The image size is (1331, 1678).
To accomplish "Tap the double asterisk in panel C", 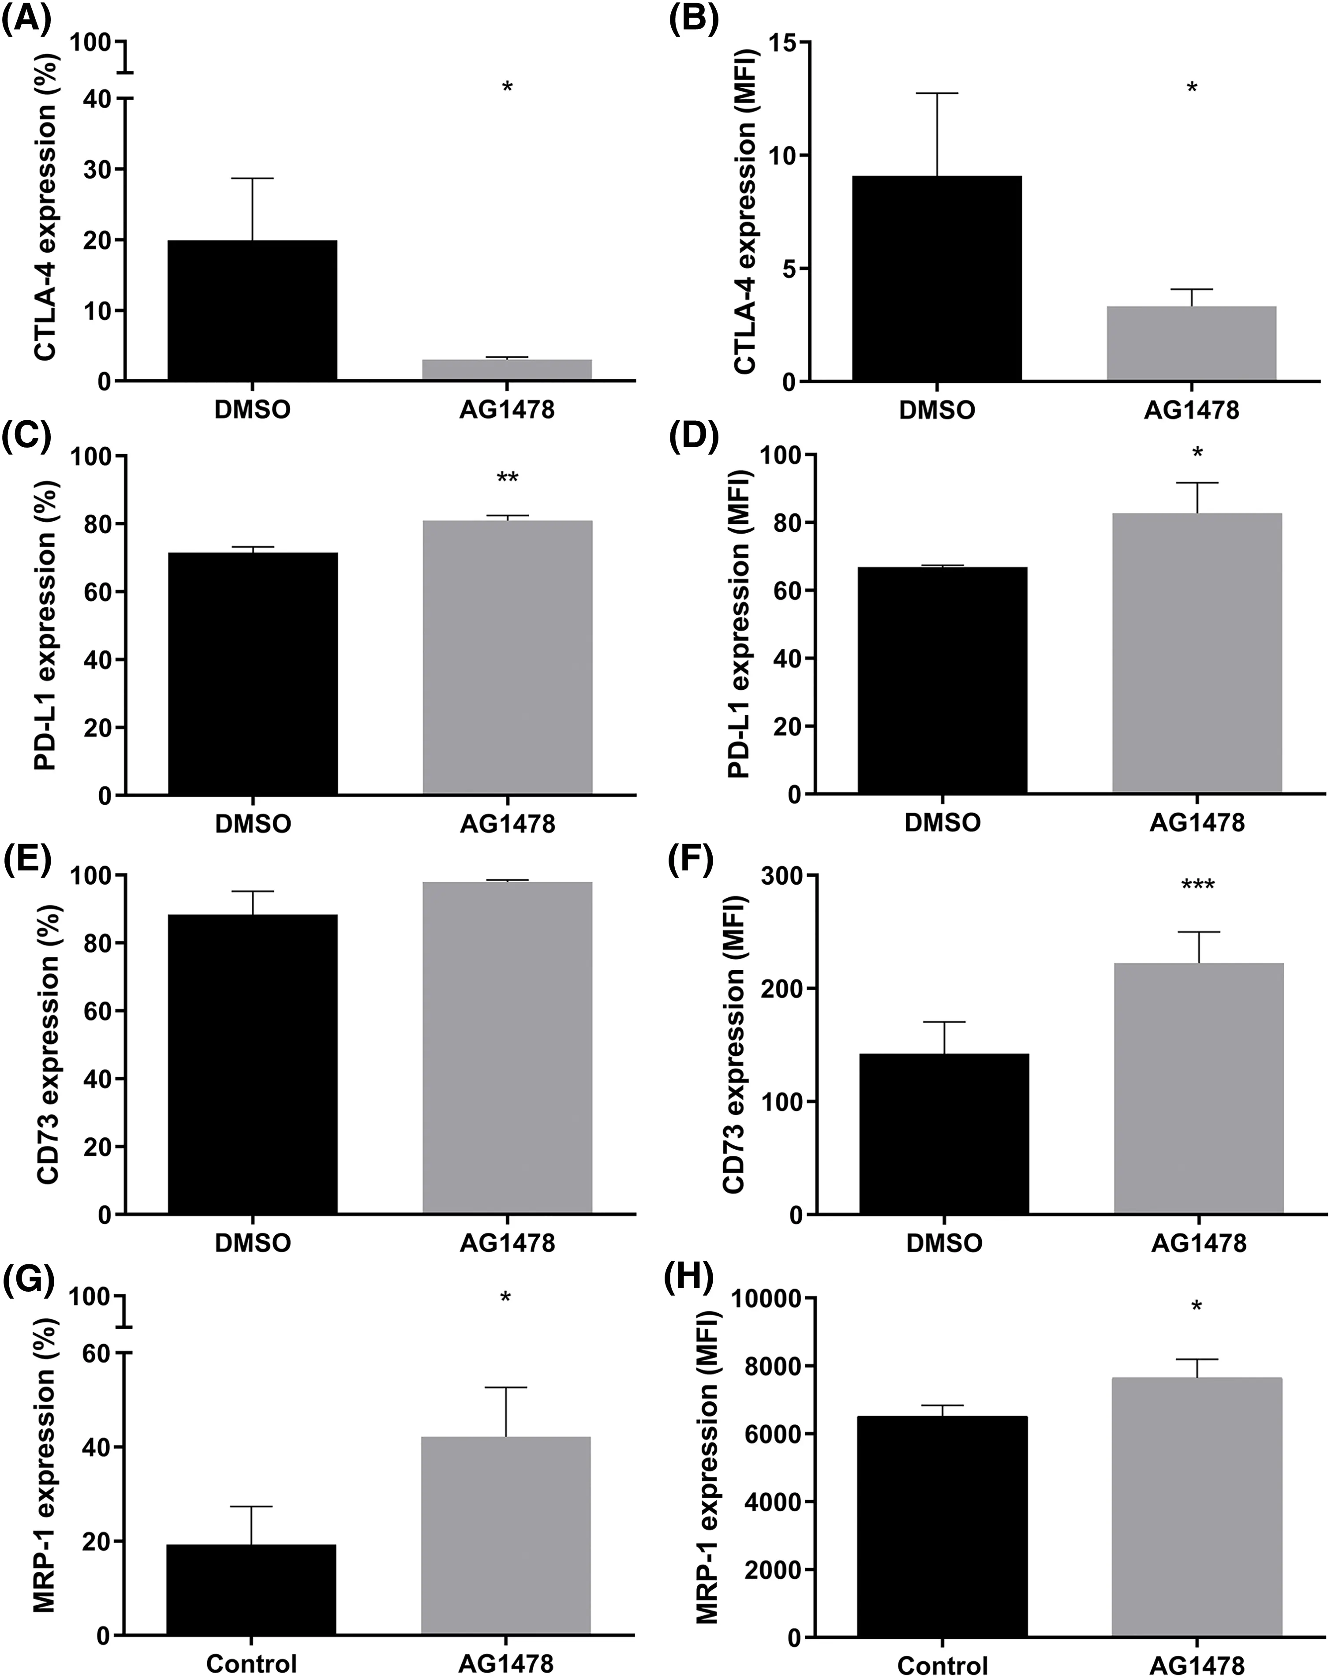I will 507,478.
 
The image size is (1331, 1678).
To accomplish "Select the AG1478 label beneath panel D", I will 1196,822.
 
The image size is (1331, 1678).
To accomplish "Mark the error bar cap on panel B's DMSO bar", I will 936,93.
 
